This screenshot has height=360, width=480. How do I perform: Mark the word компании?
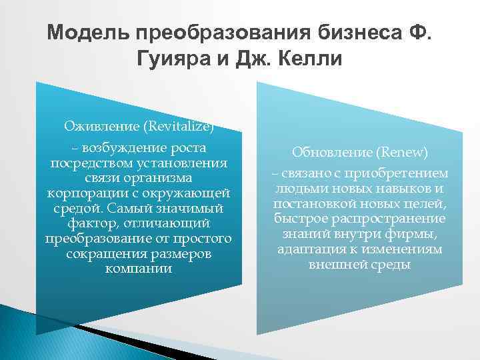[138, 269]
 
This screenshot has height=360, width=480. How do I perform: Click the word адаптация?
[307, 249]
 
